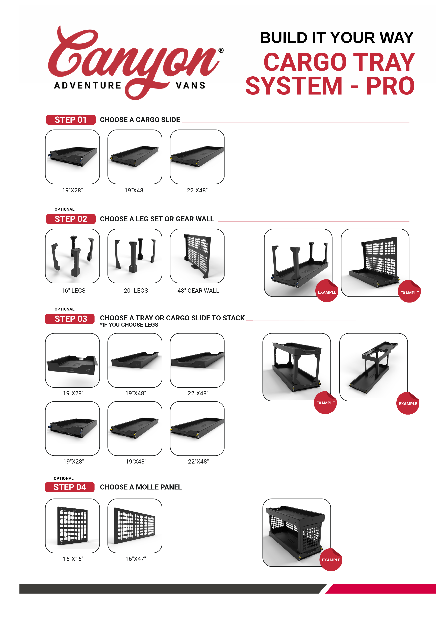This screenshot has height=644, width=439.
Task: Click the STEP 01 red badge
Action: click(x=71, y=120)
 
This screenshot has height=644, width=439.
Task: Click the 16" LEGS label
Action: click(x=73, y=290)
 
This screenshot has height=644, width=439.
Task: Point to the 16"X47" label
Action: click(x=135, y=559)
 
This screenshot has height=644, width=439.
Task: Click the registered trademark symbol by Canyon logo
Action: click(x=221, y=50)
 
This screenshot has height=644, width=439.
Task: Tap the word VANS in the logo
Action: click(x=191, y=85)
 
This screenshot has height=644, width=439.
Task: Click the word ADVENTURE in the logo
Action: click(x=88, y=85)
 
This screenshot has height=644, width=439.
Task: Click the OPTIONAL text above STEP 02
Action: click(x=64, y=209)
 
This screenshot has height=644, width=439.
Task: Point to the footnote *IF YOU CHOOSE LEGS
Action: click(x=129, y=325)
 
